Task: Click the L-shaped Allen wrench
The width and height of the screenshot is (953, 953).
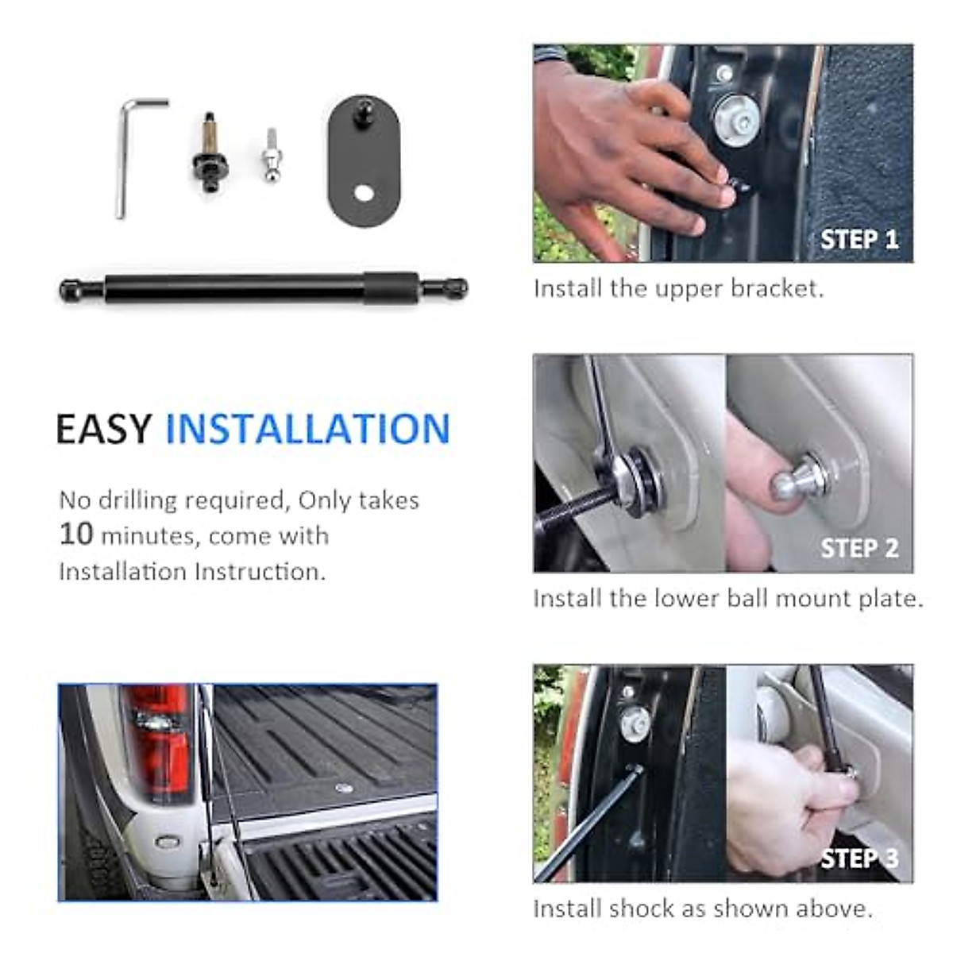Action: pos(123,159)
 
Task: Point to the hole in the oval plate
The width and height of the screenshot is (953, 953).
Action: pos(365,193)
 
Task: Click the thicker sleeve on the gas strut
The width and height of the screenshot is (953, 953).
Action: pos(391,288)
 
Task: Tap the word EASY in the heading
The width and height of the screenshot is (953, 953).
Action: pos(103,430)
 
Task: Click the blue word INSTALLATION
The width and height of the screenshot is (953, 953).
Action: pos(307,430)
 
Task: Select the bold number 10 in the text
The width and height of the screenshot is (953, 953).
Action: pos(76,534)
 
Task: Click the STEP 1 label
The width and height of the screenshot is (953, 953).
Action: pos(859,239)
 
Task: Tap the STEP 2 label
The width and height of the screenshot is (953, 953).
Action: pos(859,549)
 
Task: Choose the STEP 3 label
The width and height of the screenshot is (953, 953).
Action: pos(859,858)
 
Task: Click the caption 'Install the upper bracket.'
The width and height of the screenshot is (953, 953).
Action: pos(678,288)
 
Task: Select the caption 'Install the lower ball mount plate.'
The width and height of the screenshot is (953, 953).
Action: pos(727,598)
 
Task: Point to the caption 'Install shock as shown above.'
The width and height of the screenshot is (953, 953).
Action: pos(703,908)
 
